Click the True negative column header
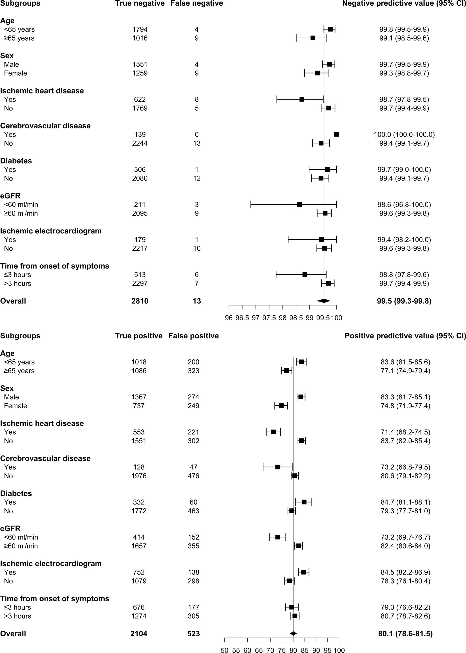click(x=140, y=3)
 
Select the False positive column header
click(x=193, y=336)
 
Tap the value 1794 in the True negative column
click(x=140, y=29)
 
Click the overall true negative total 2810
click(x=140, y=301)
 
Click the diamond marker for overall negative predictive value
click(x=323, y=301)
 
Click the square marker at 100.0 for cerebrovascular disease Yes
click(x=336, y=135)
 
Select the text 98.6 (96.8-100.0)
click(x=404, y=205)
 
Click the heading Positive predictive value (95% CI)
click(x=405, y=336)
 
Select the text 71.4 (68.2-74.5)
click(x=405, y=432)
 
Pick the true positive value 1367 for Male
click(x=139, y=397)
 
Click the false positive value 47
click(x=193, y=467)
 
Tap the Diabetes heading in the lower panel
click(x=16, y=493)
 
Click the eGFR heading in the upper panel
click(x=10, y=196)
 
